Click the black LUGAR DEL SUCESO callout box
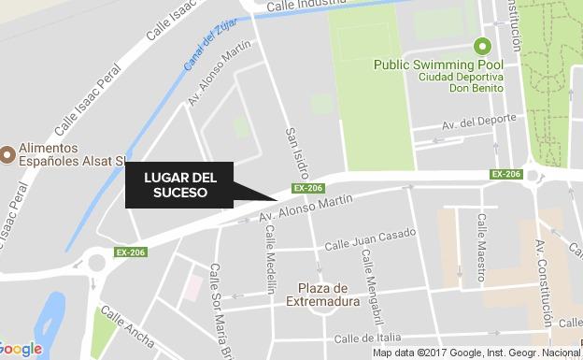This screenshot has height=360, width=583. click(179, 185)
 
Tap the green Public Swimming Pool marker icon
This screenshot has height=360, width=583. click(483, 45)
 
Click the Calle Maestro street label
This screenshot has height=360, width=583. click(481, 247)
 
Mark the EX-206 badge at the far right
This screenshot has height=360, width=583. click(505, 174)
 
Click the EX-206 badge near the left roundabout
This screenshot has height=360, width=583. click(131, 252)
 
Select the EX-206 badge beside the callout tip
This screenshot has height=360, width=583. click(307, 188)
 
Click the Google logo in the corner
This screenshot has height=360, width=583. click(21, 349)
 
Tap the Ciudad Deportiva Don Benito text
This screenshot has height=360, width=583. click(461, 81)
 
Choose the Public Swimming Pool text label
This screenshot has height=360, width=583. click(439, 65)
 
